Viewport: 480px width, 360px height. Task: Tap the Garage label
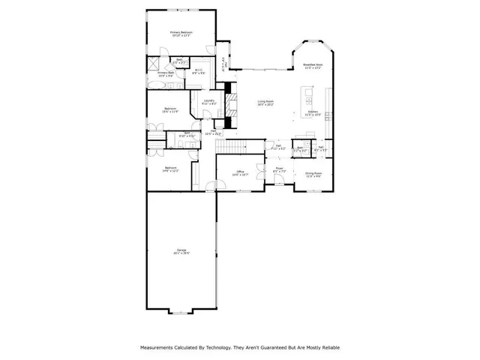(x=181, y=252)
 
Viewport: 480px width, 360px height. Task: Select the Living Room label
(x=265, y=102)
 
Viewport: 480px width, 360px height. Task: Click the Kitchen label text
(x=313, y=113)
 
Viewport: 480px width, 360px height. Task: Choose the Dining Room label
(x=313, y=175)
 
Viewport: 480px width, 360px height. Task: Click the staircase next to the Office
(x=238, y=145)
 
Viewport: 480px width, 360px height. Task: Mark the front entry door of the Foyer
(x=278, y=190)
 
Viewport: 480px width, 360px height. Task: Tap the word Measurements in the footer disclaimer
(x=160, y=348)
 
